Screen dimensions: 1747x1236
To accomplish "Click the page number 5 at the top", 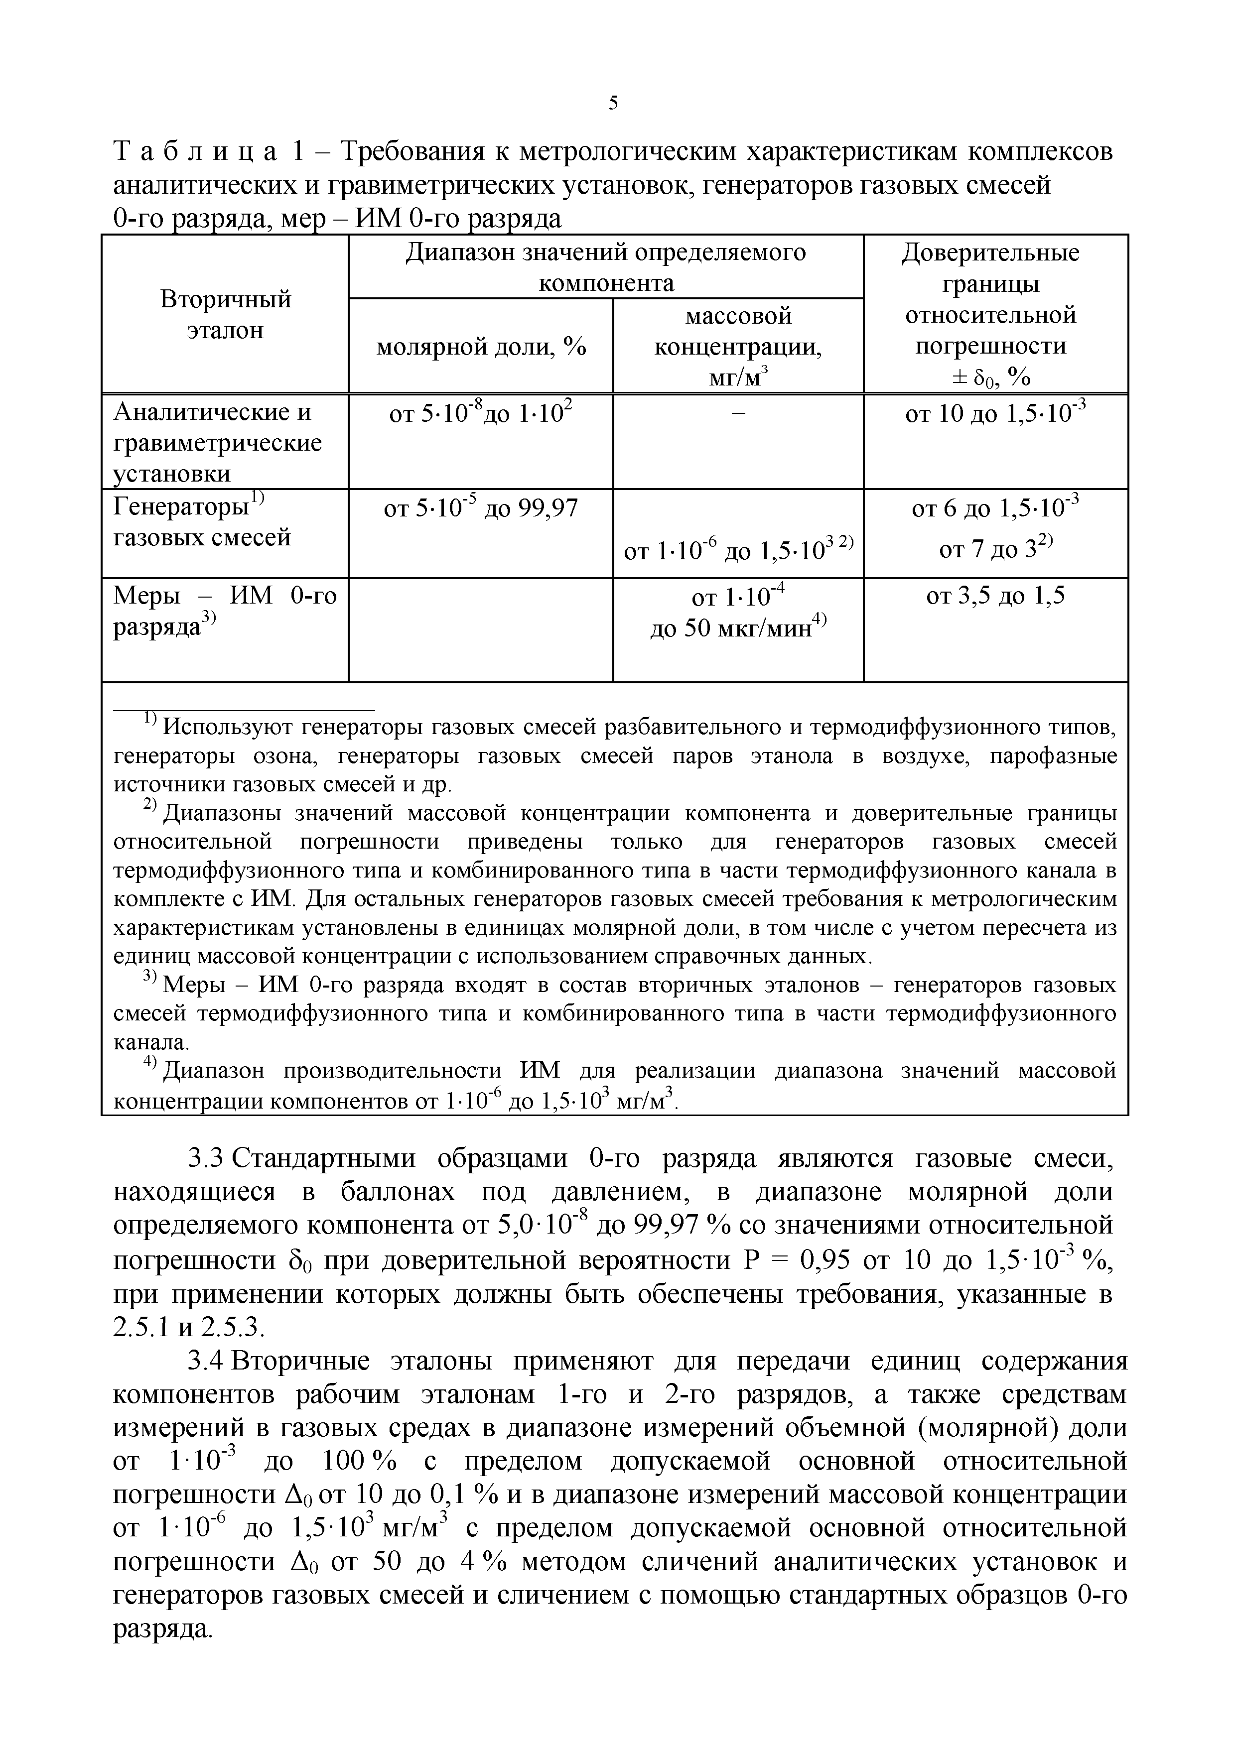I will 613,103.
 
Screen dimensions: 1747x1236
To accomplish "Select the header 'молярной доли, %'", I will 481,347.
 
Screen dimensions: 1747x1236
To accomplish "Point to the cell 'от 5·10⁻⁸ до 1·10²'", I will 481,415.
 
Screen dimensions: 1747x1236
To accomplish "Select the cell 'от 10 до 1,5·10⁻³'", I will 995,415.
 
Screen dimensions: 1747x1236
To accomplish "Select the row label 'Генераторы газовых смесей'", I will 202,522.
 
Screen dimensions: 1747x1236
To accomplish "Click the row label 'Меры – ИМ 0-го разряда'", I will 225,611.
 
